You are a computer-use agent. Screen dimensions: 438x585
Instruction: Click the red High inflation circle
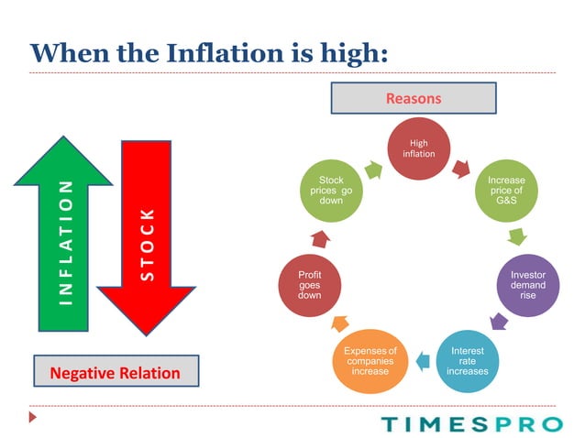pos(418,148)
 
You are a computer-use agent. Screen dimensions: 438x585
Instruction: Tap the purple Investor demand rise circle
pos(527,284)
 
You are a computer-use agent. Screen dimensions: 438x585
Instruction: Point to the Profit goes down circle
pos(309,285)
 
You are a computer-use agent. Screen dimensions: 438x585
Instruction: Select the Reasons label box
pos(413,98)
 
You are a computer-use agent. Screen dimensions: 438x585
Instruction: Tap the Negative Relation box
pos(115,373)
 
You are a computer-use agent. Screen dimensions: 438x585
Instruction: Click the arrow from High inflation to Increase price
pos(463,168)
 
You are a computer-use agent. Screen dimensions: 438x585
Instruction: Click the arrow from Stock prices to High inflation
pos(374,168)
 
